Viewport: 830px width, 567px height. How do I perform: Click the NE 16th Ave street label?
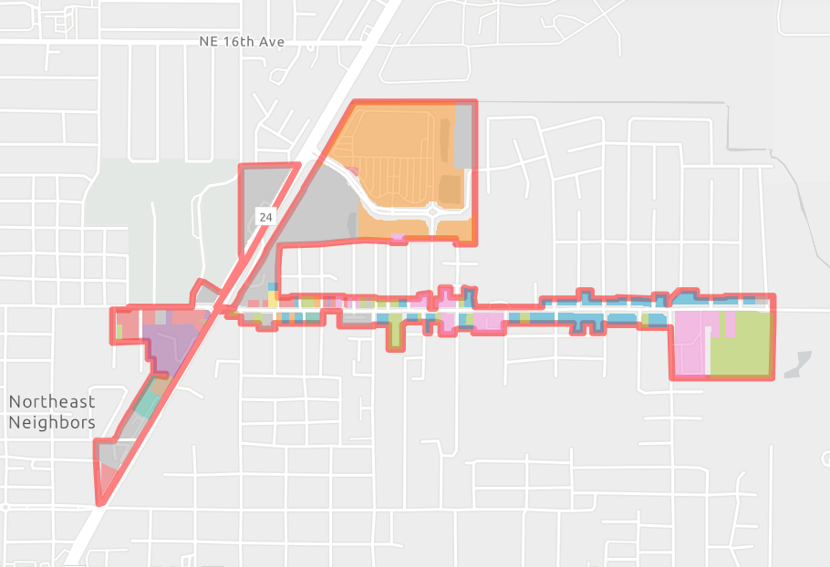coord(241,42)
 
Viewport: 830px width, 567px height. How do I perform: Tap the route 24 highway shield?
coord(265,217)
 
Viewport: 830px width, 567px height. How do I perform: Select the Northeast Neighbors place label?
coord(52,412)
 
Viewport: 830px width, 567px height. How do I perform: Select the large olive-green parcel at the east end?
coord(741,345)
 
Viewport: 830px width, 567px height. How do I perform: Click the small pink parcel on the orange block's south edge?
coord(397,238)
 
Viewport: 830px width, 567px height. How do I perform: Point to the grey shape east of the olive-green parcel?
coord(795,364)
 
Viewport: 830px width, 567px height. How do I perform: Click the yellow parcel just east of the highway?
coord(273,300)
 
